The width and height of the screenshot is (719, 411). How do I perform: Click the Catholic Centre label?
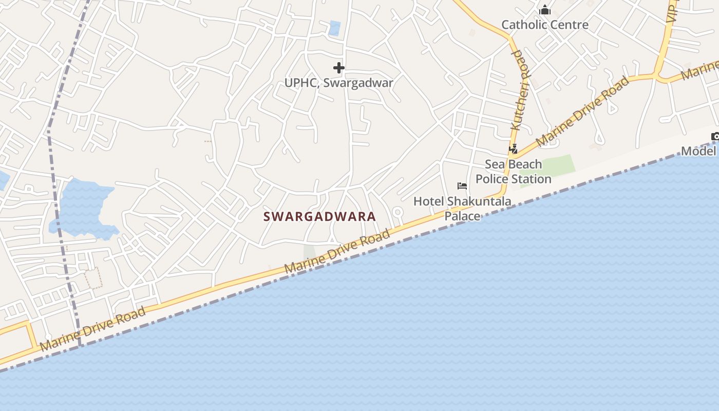pos(544,25)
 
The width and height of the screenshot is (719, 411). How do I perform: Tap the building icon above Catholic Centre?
pos(545,10)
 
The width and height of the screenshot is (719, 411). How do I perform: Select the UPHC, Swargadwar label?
pos(338,83)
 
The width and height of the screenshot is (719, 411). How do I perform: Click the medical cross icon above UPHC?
pos(338,68)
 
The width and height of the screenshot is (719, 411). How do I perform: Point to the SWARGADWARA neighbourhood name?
pos(319,217)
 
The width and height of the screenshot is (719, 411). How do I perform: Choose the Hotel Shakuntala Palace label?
pos(462,208)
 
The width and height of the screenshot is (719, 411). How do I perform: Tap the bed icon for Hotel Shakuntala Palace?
pos(462,186)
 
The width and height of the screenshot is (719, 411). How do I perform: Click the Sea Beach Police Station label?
pos(513,172)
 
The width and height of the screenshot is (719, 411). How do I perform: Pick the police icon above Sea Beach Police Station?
pos(513,149)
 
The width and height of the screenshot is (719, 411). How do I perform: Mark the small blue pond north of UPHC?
pos(334,28)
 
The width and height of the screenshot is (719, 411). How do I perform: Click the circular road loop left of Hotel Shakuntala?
pos(397,212)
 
